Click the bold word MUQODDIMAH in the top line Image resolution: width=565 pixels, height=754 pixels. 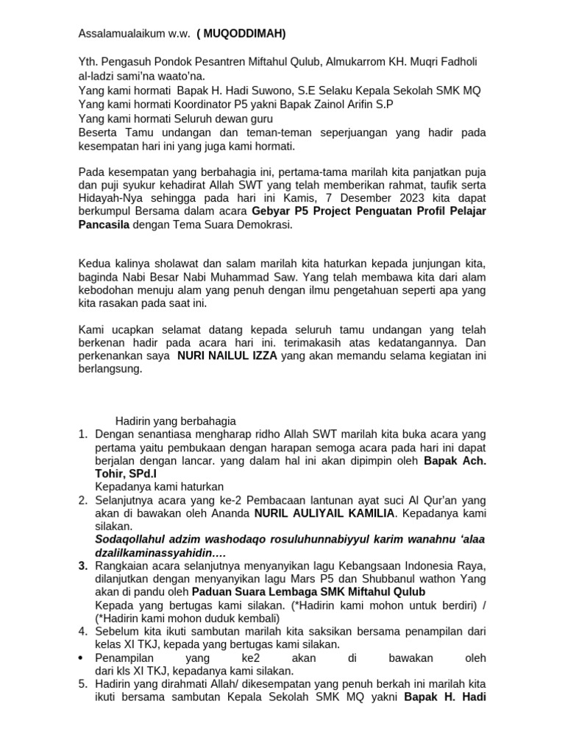pos(244,34)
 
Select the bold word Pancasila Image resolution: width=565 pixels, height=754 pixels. pos(103,225)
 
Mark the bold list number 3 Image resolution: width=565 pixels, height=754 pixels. pos(83,565)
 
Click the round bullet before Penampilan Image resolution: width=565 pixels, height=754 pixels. pos(83,658)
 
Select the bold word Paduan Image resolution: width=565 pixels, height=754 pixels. pos(211,592)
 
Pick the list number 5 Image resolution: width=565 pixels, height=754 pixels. pos(83,684)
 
